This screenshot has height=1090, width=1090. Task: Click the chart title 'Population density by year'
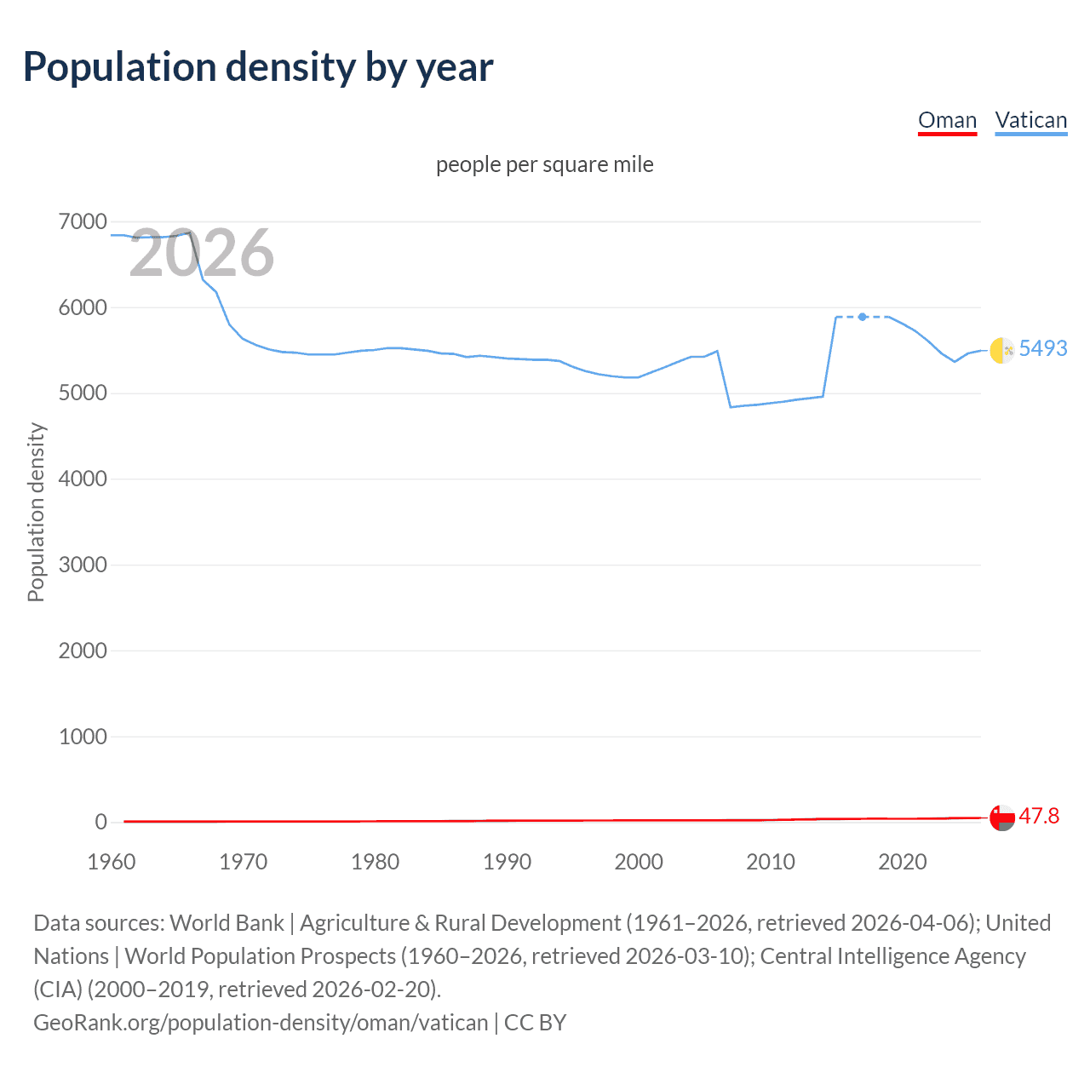click(x=258, y=67)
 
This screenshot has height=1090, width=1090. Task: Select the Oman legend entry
click(x=947, y=120)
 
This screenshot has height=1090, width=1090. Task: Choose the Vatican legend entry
click(x=1030, y=120)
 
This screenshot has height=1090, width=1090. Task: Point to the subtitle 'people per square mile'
click(x=545, y=164)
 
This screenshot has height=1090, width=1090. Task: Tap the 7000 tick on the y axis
click(x=83, y=222)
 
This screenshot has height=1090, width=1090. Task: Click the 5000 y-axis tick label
click(x=83, y=393)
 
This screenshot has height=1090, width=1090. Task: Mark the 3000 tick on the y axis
click(x=83, y=565)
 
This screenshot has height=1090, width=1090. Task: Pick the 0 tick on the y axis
click(x=101, y=823)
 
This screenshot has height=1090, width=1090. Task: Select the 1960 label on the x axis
click(x=112, y=862)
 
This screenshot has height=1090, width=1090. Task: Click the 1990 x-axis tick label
click(x=507, y=862)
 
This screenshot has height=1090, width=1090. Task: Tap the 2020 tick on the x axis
click(x=903, y=862)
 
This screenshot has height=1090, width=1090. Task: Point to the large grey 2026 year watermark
click(x=202, y=253)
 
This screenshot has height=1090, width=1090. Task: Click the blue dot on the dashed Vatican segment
click(x=863, y=317)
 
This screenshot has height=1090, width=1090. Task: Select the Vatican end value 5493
click(x=1042, y=348)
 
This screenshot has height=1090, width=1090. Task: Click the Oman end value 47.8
click(x=1039, y=816)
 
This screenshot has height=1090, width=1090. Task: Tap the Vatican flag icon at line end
click(x=1002, y=349)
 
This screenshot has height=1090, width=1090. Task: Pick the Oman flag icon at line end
click(x=1002, y=817)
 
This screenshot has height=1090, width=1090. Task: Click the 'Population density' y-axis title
click(x=36, y=513)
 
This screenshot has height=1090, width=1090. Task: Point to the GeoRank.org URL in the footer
click(x=261, y=1022)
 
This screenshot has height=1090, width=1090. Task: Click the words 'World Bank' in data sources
click(x=227, y=923)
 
